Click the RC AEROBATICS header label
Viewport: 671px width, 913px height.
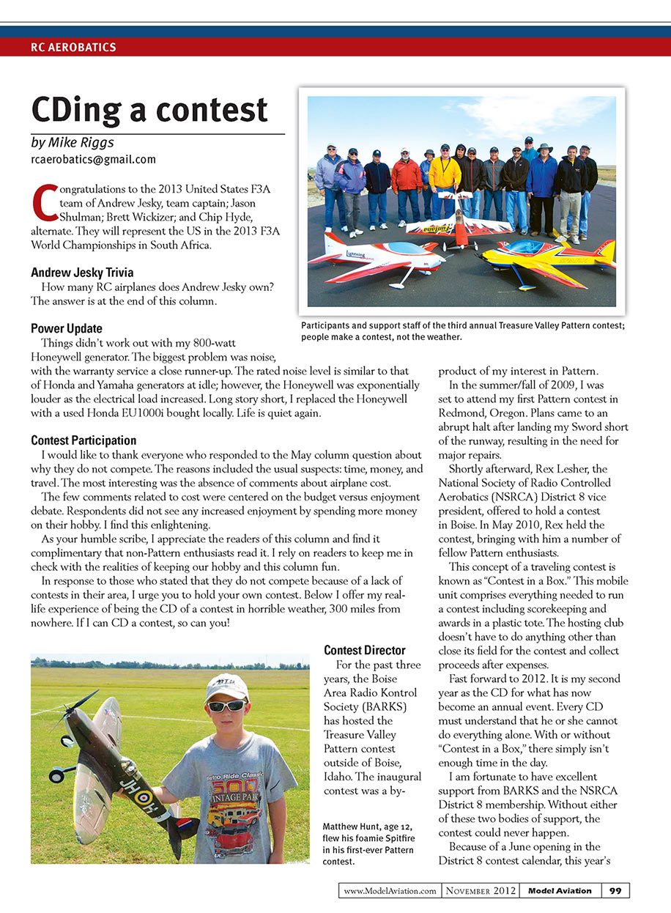73,48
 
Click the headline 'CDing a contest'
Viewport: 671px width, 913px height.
149,110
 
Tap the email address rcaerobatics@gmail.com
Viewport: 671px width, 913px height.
93,159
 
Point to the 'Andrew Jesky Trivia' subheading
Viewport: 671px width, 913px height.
82,273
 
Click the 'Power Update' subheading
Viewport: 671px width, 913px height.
67,328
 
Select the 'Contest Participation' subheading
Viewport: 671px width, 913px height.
84,440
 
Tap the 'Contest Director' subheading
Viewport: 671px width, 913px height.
364,650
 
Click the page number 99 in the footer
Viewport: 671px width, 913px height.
615,890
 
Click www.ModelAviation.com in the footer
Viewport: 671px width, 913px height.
390,890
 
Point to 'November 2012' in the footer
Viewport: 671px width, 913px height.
480,890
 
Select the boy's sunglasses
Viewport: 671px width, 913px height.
228,706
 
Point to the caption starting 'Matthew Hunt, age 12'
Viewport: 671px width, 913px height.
368,844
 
